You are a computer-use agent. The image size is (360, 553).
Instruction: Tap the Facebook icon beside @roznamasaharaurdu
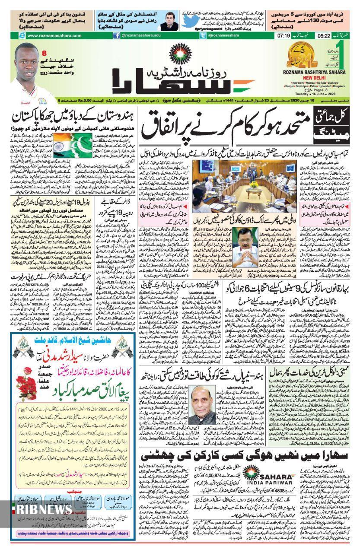tap(116, 36)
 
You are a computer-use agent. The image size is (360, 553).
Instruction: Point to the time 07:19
tap(283, 36)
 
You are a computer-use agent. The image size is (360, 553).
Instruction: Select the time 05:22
tap(324, 36)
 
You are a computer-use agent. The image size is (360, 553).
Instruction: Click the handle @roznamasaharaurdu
tap(141, 36)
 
